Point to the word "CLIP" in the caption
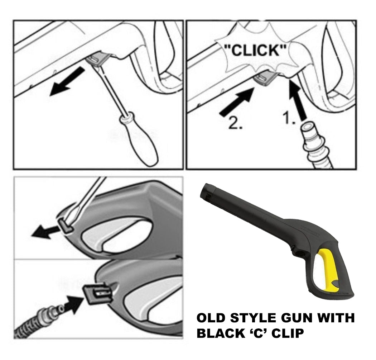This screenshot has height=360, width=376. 286,333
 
